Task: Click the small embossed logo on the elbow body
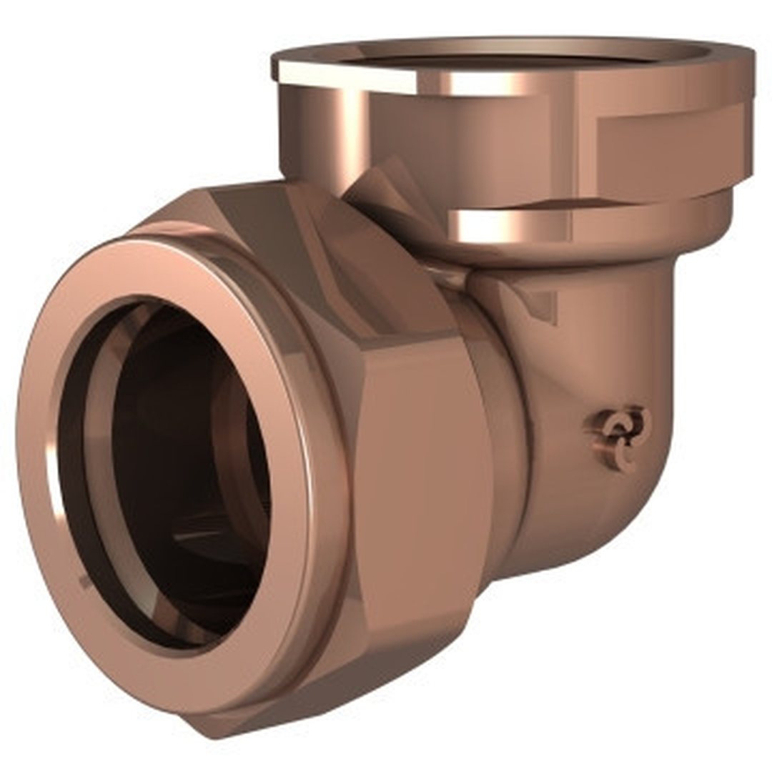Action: [620, 437]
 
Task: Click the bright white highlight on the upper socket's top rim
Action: [343, 75]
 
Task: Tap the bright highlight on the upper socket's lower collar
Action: [500, 225]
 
